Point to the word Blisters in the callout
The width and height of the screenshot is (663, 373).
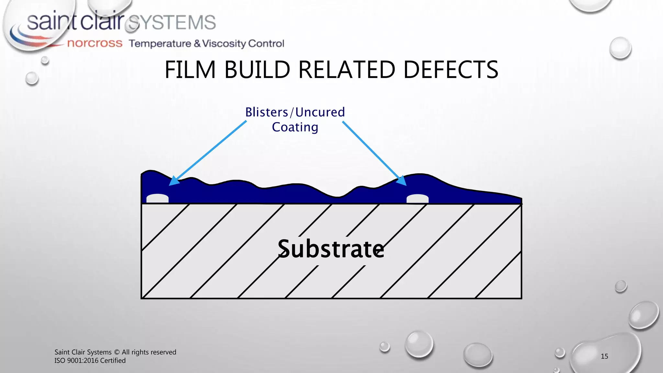point(266,112)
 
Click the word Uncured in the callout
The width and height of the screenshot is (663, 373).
point(320,112)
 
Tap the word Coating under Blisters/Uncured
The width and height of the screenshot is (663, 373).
point(295,127)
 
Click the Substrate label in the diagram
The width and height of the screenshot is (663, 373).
point(331,249)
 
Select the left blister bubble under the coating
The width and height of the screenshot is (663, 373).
point(158,198)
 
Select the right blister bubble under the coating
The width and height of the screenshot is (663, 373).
point(418,198)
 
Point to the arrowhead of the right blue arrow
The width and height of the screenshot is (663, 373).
point(402,181)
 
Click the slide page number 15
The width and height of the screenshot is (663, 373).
point(604,356)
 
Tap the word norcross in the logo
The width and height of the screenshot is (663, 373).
point(95,43)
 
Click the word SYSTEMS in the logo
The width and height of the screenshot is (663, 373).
point(172,22)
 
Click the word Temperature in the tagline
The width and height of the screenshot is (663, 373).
point(160,43)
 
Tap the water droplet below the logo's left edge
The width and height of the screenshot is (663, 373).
point(32,79)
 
